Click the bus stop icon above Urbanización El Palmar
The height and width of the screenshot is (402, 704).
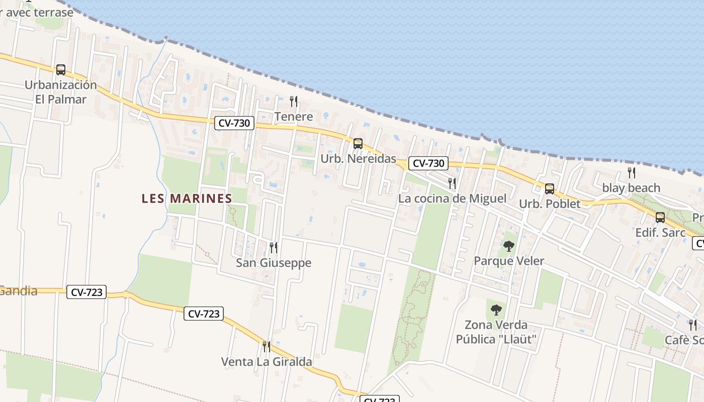(61, 70)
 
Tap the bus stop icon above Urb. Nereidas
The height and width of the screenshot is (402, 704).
(358, 144)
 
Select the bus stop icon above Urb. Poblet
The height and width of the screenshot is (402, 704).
(550, 189)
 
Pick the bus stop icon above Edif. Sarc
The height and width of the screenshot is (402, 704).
(660, 218)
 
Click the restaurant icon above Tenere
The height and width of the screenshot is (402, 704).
(294, 102)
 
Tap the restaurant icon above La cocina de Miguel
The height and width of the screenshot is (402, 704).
(452, 183)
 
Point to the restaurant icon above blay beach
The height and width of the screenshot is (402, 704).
(632, 173)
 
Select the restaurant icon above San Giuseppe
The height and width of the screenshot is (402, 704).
(274, 247)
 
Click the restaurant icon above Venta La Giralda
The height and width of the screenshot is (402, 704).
(267, 346)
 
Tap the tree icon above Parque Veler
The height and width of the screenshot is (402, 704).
(509, 246)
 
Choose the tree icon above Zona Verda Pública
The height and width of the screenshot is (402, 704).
(496, 310)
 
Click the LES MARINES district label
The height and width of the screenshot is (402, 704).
(187, 198)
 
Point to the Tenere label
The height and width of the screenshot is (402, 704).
(294, 117)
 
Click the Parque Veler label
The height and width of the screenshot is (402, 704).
(509, 261)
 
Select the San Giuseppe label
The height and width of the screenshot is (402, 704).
(274, 263)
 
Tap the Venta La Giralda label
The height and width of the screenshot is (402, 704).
(267, 362)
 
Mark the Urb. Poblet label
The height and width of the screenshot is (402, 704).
(550, 204)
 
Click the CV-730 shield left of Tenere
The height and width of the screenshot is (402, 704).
(235, 123)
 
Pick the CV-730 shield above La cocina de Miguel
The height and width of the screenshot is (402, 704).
(428, 163)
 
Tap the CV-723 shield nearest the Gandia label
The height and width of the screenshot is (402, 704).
(86, 292)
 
